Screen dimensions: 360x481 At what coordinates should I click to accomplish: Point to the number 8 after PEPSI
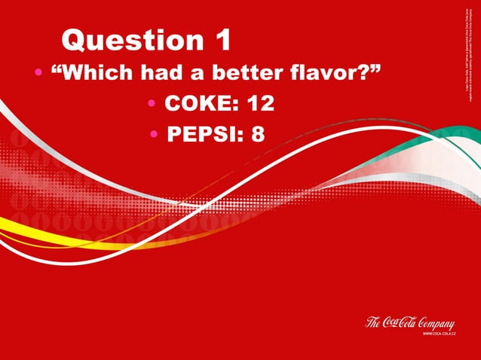(258, 134)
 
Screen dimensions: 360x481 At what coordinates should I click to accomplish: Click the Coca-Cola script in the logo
(400, 322)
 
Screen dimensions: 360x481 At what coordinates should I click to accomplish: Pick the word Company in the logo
(434, 322)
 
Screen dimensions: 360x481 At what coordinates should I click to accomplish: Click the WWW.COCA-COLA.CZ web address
(437, 333)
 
